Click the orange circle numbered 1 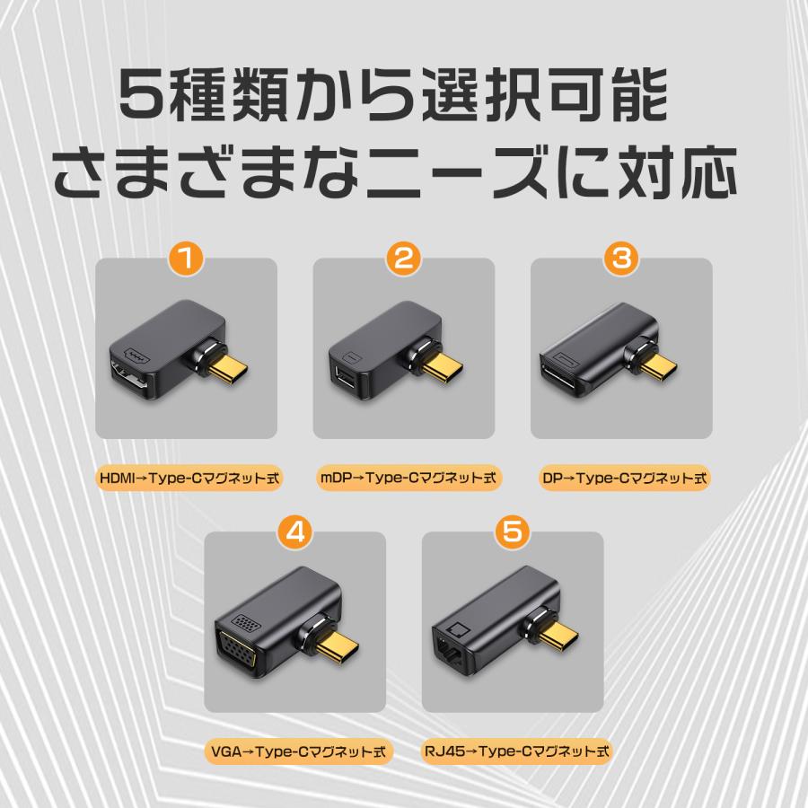coord(186,259)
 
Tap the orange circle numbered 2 coord(403,259)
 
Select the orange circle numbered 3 coord(621,259)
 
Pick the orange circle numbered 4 coord(294,531)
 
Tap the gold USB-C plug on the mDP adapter coord(447,367)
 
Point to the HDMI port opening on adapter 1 coord(127,377)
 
